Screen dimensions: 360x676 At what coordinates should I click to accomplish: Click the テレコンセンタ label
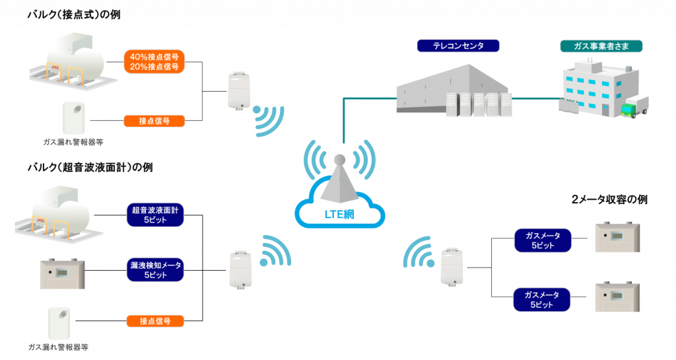click(x=458, y=46)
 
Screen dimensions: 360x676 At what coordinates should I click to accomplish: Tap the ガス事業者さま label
click(x=601, y=46)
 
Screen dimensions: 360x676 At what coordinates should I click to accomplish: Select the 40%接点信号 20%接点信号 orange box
click(x=154, y=62)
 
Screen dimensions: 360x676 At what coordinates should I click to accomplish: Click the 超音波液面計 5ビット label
click(x=155, y=215)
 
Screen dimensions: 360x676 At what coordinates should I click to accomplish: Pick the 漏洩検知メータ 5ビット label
click(x=155, y=270)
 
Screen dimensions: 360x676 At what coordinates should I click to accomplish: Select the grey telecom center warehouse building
click(x=454, y=90)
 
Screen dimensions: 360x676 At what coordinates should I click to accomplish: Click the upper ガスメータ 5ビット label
click(x=543, y=240)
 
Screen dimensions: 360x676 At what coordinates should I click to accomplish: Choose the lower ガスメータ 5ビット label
click(x=542, y=299)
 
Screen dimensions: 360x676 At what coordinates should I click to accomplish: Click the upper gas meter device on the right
click(x=617, y=238)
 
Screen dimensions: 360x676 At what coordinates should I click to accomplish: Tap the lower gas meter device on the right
click(x=617, y=297)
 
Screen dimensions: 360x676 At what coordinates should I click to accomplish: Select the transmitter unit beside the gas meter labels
click(x=452, y=267)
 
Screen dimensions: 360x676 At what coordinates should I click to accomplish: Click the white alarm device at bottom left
click(x=59, y=324)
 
